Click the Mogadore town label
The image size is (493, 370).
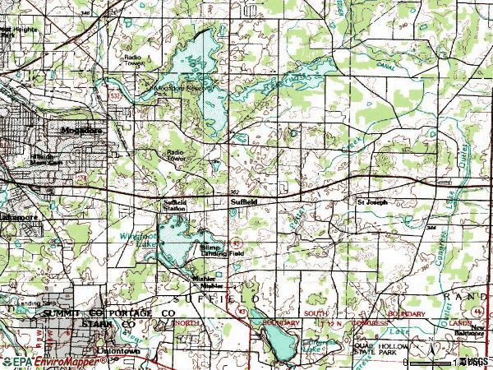76,130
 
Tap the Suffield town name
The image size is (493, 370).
245,201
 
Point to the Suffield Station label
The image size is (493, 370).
174,205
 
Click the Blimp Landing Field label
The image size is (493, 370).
216,250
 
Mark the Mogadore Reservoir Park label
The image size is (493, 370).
180,90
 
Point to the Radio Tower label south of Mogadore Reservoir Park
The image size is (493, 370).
176,155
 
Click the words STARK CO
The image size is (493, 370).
108,325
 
